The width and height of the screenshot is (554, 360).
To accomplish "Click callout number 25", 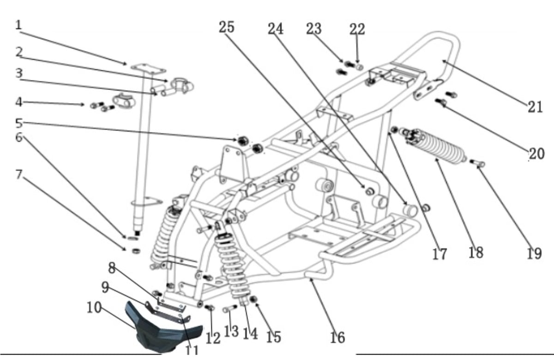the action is [227, 27].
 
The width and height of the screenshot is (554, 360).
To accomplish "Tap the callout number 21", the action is [535, 107].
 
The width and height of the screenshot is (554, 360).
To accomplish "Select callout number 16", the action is [337, 337].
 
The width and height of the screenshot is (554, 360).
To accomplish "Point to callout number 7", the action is [19, 174].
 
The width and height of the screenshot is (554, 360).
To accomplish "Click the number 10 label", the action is [94, 307].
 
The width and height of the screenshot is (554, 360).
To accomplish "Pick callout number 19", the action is [534, 253].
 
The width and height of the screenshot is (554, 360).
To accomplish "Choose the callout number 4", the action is [19, 102].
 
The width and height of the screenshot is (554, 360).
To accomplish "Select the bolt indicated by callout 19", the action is [477, 162].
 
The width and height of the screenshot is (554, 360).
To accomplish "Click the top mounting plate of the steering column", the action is [148, 68].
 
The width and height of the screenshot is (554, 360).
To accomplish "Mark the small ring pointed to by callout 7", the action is [136, 251].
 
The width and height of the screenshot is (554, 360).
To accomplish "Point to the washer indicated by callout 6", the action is [133, 238].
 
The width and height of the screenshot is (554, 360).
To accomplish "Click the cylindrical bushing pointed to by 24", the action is [410, 210].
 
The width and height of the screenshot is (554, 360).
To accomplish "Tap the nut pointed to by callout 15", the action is [253, 300].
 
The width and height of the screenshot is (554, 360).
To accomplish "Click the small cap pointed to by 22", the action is [360, 67].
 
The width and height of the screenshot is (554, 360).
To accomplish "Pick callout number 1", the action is [18, 25].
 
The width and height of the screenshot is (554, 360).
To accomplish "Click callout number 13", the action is [231, 331].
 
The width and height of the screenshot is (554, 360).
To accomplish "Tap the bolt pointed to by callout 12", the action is [210, 307].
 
